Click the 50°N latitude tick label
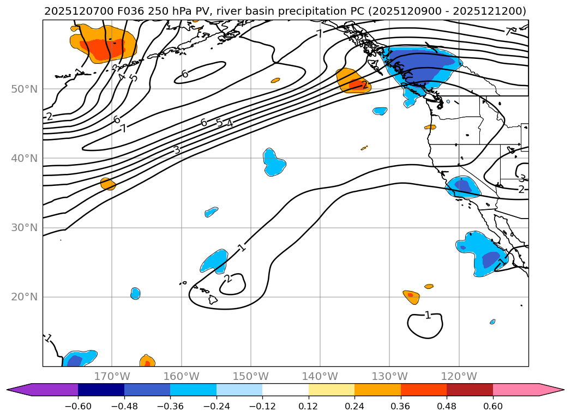pyautogui.click(x=24, y=89)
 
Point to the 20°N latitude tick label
pyautogui.click(x=24, y=297)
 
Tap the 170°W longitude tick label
pyautogui.click(x=112, y=376)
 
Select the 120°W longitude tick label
pyautogui.click(x=459, y=376)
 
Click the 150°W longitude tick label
pyautogui.click(x=251, y=376)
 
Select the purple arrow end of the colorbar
pyautogui.click(x=19, y=389)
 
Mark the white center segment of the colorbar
pyautogui.click(x=285, y=389)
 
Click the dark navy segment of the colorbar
pyautogui.click(x=101, y=389)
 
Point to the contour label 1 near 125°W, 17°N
pyautogui.click(x=428, y=315)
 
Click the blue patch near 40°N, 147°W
pyautogui.click(x=274, y=161)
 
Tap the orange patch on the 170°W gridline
pyautogui.click(x=108, y=184)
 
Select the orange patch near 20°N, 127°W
pyautogui.click(x=412, y=297)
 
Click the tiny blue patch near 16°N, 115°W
pyautogui.click(x=492, y=322)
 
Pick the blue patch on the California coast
pyautogui.click(x=462, y=187)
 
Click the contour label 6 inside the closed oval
pyautogui.click(x=185, y=74)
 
